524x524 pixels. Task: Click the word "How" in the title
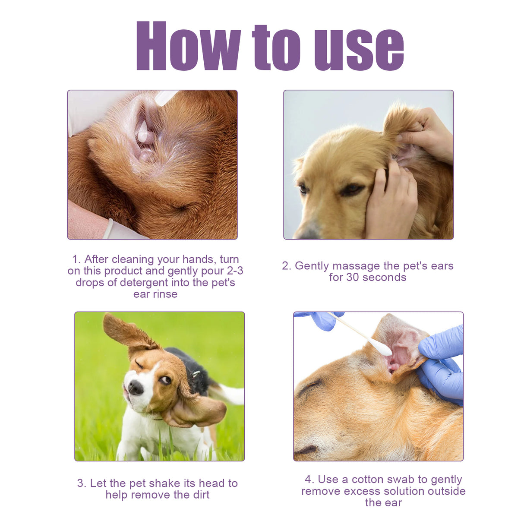pyautogui.click(x=188, y=46)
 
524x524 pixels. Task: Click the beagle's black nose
pyautogui.click(x=135, y=387)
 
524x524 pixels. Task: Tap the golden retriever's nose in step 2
pyautogui.click(x=307, y=233)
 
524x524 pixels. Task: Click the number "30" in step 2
pyautogui.click(x=353, y=278)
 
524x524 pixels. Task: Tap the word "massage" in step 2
pyautogui.click(x=356, y=266)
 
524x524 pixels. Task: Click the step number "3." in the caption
pyautogui.click(x=82, y=483)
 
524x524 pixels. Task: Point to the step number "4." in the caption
pyautogui.click(x=309, y=480)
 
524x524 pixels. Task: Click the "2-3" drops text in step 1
pyautogui.click(x=235, y=271)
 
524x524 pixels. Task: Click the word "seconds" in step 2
pyautogui.click(x=385, y=278)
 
